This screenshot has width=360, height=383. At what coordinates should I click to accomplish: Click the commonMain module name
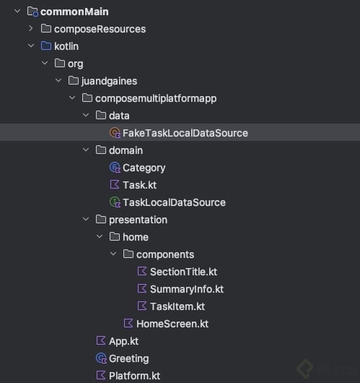coord(74,12)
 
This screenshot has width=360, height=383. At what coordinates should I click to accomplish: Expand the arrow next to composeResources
coord(31,29)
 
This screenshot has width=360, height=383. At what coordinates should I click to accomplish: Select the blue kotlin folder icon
coord(46,46)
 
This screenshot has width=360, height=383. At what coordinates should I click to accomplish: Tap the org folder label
coord(75,64)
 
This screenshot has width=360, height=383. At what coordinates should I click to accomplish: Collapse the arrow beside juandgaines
coord(58,80)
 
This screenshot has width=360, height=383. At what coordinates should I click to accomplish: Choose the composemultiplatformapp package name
coord(156,98)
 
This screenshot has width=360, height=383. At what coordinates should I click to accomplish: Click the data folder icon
coord(101,115)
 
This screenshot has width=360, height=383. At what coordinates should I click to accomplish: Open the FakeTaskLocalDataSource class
coord(185,133)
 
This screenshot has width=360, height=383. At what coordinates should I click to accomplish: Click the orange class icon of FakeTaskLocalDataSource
coord(115,133)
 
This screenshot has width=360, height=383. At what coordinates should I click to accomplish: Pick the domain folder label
coord(126,150)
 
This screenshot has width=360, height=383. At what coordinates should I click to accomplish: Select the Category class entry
coord(144,168)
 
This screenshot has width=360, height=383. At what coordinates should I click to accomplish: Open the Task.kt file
coord(139,185)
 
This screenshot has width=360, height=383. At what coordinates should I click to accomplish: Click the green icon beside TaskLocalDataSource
coord(115,202)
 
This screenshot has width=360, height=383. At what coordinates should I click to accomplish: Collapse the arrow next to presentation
coord(86,219)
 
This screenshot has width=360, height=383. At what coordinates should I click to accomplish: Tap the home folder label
coord(136,237)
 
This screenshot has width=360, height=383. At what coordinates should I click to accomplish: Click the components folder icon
coord(128,254)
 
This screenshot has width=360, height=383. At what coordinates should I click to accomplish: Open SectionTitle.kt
coord(183,272)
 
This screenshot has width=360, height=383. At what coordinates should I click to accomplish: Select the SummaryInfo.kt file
coord(187,289)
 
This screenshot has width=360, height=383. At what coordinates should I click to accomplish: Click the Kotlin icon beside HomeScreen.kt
coord(128,324)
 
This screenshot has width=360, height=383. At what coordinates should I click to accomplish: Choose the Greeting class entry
coord(129,359)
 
